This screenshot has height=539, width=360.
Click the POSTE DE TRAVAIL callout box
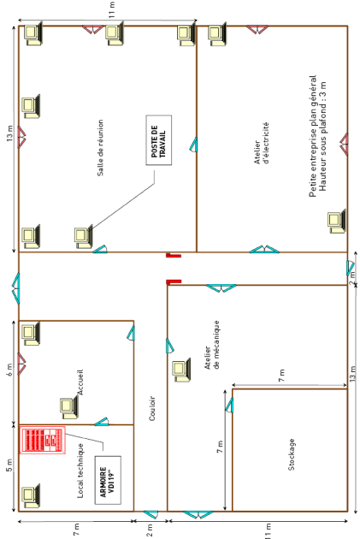[x=159, y=140]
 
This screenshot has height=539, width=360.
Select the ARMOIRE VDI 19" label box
[x=108, y=480]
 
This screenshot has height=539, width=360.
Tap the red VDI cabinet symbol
[x=42, y=440]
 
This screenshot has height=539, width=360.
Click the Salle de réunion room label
[x=100, y=148]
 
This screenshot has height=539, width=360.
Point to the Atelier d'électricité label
[x=261, y=143]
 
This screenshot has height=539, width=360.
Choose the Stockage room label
[x=292, y=454]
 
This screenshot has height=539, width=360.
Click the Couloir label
[x=152, y=408]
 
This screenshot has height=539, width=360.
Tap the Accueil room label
[x=80, y=382]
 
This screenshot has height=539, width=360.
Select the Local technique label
[x=80, y=471]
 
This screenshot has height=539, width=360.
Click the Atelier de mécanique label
[x=212, y=345]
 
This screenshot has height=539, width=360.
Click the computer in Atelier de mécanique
[x=181, y=370]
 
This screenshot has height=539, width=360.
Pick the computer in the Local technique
[x=31, y=495]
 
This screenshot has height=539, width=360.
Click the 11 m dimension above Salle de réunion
[x=112, y=9]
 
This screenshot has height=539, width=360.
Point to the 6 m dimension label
[x=10, y=370]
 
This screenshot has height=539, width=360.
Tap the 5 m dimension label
[x=10, y=465]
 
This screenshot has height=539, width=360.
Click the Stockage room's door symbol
[x=229, y=405]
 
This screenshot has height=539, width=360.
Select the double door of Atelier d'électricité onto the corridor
[x=264, y=249]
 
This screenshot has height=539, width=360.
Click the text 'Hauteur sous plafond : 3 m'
[x=322, y=136]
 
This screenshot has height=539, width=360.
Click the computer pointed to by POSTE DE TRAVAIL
[x=84, y=236]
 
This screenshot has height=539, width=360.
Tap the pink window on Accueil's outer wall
[x=21, y=364]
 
